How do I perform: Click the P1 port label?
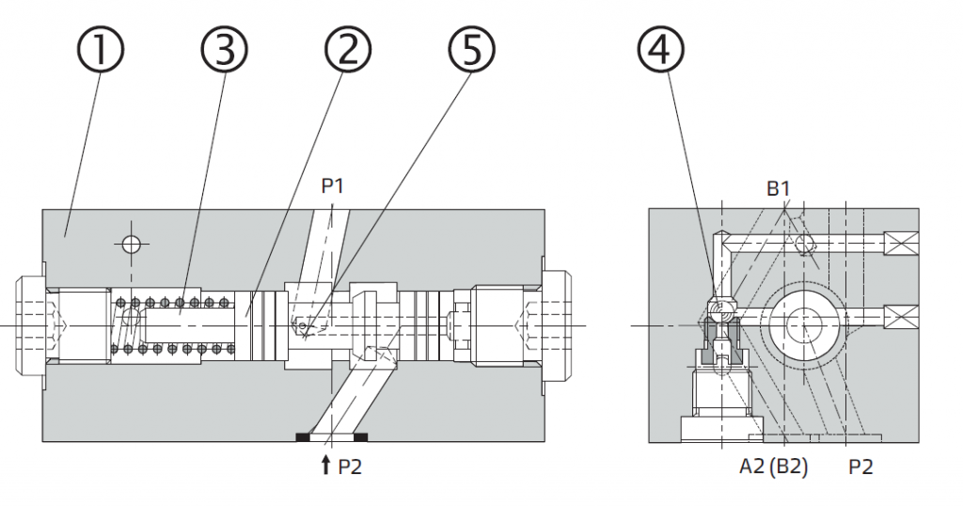coord(333,186)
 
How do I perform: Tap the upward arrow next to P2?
coord(325,464)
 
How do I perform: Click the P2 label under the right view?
coord(860,467)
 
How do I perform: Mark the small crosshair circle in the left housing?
coord(131,245)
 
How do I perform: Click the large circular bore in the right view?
coord(806,325)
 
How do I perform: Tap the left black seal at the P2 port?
coord(304,436)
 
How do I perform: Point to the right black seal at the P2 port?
coord(362,436)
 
